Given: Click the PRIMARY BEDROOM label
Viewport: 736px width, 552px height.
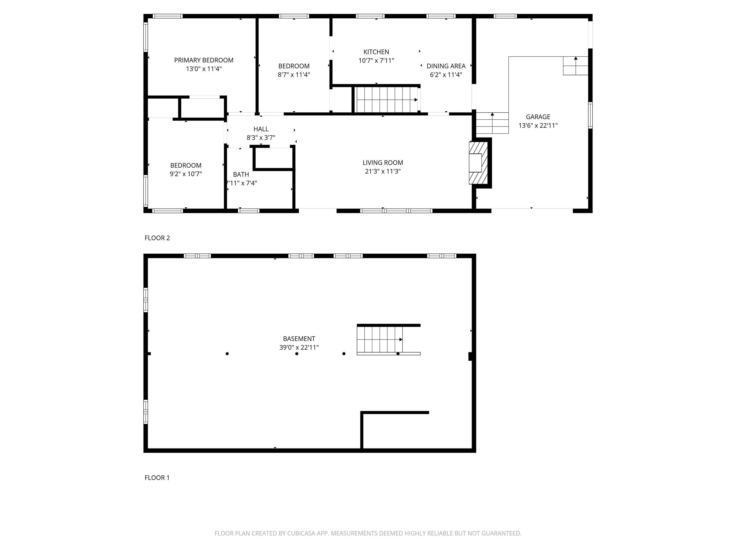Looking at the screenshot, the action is tap(204, 60).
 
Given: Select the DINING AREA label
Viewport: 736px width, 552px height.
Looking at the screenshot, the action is tap(446, 66).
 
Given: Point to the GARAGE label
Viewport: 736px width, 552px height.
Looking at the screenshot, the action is tap(538, 117).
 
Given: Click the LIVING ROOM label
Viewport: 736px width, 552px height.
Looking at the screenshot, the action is tap(383, 163).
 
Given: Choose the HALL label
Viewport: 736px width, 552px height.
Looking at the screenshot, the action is tap(261, 129).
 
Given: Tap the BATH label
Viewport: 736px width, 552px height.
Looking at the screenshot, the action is tap(241, 174).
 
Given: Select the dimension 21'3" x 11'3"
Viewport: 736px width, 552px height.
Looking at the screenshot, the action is tap(383, 171).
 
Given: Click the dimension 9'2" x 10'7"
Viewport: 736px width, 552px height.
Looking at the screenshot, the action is tap(186, 174).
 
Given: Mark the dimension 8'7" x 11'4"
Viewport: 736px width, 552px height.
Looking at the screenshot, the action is tap(294, 75).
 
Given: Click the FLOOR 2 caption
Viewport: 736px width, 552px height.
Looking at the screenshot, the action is tap(157, 238).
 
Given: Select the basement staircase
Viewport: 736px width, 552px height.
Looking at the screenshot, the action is tap(380, 339).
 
